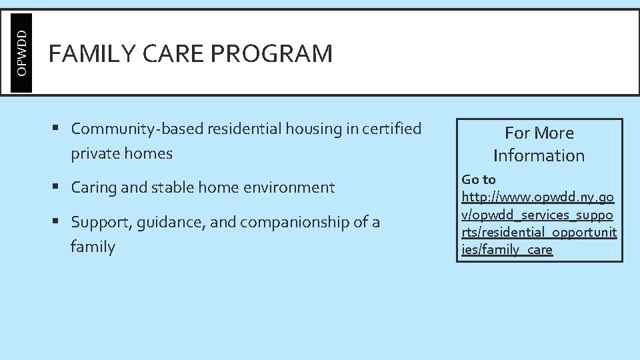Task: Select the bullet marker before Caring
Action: (61, 187)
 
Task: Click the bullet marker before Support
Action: (61, 221)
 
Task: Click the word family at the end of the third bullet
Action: (93, 247)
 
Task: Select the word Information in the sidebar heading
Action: (539, 156)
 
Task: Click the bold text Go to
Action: (479, 179)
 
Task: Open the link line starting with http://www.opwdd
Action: (537, 197)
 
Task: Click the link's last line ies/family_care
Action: (507, 250)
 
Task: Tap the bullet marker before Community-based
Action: (61, 127)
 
